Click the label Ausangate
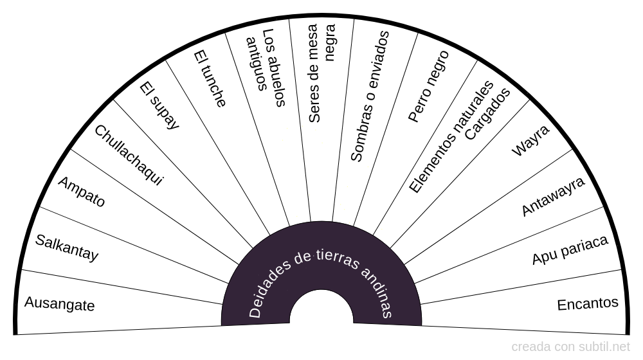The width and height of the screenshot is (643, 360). [59, 303]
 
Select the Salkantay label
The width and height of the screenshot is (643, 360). [67, 248]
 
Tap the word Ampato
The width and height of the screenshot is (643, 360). [82, 192]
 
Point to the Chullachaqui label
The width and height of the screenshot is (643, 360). [129, 155]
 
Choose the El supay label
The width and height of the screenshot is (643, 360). [159, 106]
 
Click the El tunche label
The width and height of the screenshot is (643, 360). [210, 78]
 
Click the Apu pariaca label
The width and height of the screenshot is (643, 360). [570, 250]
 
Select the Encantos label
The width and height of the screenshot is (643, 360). [588, 303]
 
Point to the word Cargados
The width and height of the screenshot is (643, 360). [487, 114]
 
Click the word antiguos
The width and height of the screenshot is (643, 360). [256, 64]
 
